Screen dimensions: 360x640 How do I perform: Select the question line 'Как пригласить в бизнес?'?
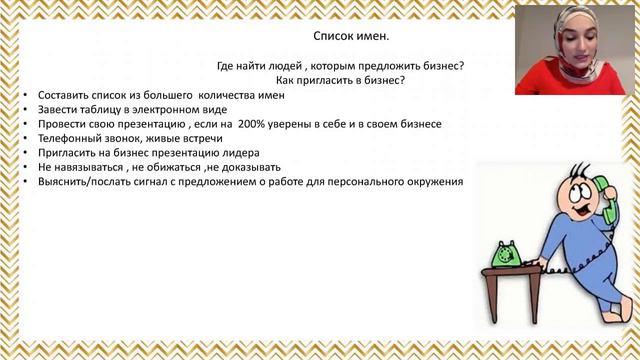tap(333, 81)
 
